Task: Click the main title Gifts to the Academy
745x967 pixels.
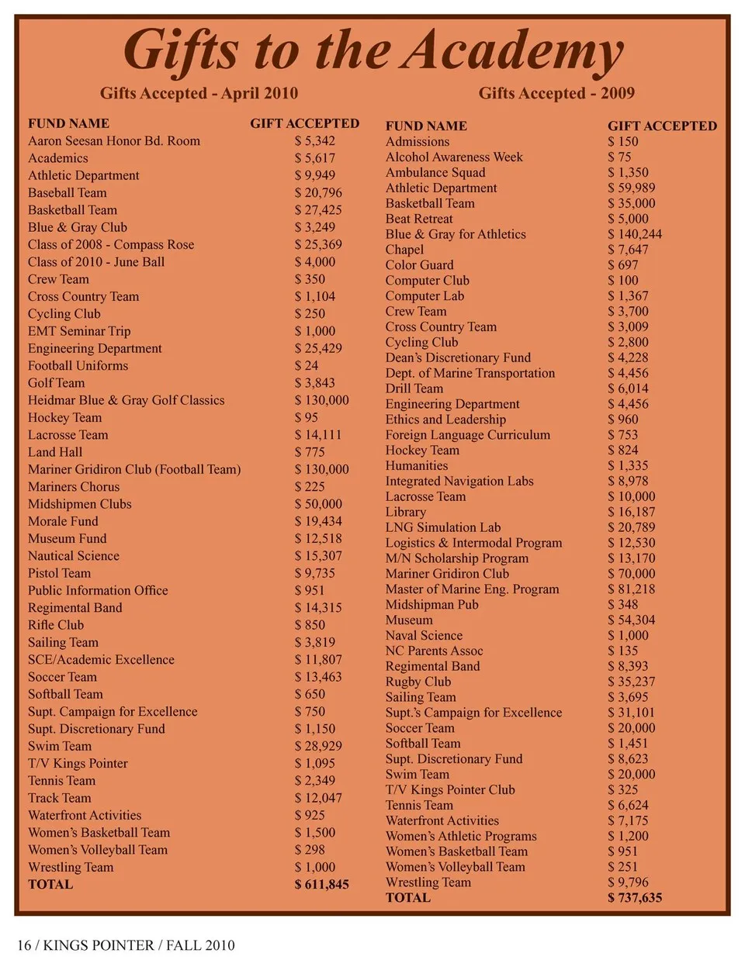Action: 372,50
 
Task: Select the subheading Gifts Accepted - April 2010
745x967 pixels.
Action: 199,93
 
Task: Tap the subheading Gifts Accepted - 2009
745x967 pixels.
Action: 556,93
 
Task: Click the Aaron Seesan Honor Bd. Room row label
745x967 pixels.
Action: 114,141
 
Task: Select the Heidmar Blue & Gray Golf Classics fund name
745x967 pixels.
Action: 126,400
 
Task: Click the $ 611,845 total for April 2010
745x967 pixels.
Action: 321,884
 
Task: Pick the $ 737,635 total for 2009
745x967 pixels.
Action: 635,897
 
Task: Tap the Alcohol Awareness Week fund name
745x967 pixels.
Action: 454,157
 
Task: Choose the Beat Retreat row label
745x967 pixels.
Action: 419,219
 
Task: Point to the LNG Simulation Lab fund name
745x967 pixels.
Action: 443,527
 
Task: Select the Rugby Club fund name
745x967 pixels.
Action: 418,682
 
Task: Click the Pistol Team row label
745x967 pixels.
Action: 60,573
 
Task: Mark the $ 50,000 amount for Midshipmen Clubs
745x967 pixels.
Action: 318,504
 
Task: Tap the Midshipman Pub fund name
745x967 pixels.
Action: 432,604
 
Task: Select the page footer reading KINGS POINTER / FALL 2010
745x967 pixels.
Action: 126,945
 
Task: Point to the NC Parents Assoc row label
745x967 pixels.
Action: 435,651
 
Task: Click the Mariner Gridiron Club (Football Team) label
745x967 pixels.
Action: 134,469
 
